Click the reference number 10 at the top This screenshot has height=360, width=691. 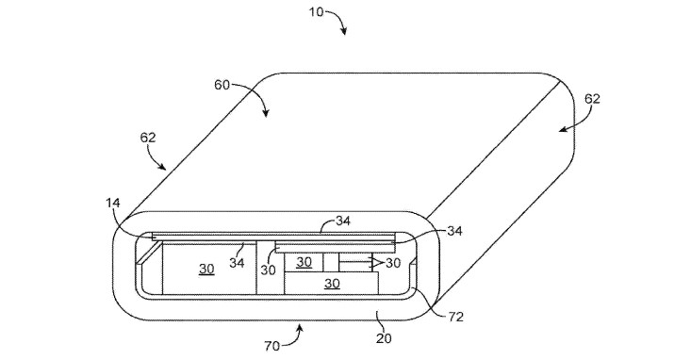(x=316, y=11)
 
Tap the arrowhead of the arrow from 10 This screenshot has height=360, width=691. (x=344, y=31)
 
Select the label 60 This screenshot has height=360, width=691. (x=222, y=85)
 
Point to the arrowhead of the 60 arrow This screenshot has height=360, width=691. (x=266, y=113)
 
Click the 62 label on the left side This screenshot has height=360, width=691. (x=148, y=138)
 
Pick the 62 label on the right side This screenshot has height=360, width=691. (x=592, y=99)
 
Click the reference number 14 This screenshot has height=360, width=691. (x=112, y=204)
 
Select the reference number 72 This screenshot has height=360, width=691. (x=455, y=317)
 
